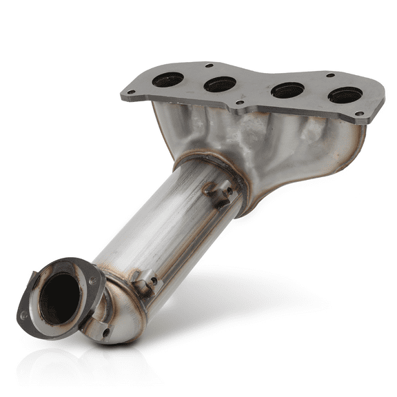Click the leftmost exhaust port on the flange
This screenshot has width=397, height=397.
click(x=167, y=80)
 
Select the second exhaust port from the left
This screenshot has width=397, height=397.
click(x=220, y=84)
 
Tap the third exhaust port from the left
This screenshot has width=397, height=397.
click(x=287, y=90)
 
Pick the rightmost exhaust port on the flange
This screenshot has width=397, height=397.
click(x=345, y=94)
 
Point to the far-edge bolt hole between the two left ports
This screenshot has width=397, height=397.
click(x=208, y=66)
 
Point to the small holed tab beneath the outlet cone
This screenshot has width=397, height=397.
click(x=105, y=332)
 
